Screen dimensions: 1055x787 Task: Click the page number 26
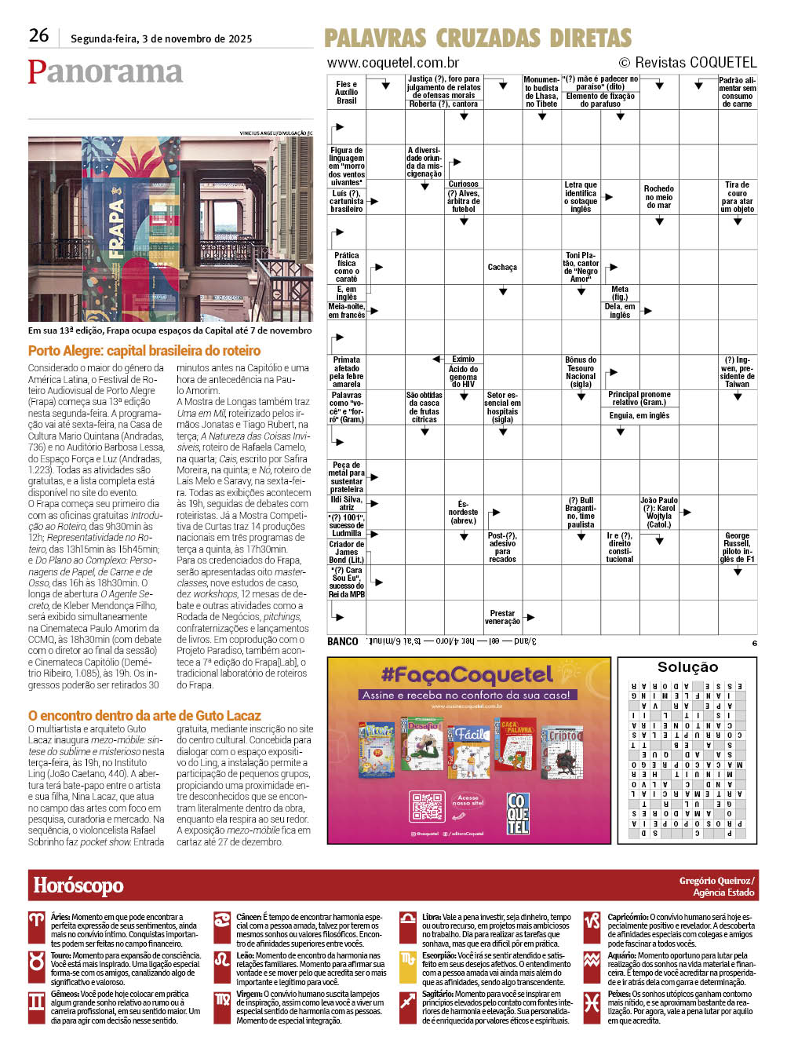(38, 35)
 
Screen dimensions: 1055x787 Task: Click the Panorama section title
(105, 71)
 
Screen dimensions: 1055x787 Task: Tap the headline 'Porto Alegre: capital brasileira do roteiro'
(144, 351)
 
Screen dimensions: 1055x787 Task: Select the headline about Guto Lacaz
(144, 715)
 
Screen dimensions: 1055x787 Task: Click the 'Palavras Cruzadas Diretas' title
(477, 38)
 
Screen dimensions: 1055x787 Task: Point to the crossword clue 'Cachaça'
(502, 268)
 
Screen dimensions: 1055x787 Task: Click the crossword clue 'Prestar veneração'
(502, 618)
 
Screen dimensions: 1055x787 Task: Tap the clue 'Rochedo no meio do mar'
(658, 197)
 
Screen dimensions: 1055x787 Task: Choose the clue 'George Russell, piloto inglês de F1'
(737, 547)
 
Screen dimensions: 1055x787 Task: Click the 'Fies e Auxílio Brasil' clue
(346, 93)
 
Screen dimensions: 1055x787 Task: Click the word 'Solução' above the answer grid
(687, 667)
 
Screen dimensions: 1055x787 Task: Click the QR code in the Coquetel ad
(427, 807)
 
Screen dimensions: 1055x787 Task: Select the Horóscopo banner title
(78, 886)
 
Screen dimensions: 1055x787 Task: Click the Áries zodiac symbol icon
(37, 921)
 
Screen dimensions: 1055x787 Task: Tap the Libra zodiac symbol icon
(408, 921)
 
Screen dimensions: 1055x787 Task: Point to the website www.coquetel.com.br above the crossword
(393, 63)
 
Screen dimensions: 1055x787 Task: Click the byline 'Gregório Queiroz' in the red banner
(716, 881)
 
